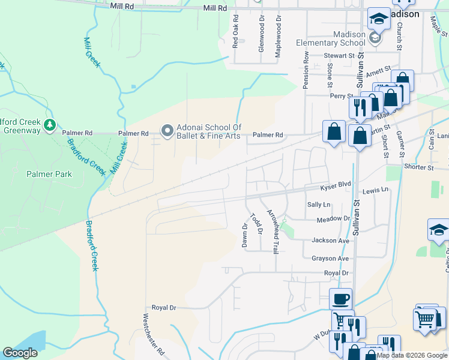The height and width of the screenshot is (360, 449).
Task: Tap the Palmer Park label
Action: [49, 174]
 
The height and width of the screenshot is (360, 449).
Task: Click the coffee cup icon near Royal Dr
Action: [340, 299]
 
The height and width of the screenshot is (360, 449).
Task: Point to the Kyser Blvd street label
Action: [335, 187]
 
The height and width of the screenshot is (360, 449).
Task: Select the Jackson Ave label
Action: [330, 241]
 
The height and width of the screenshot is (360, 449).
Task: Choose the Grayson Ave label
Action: [330, 259]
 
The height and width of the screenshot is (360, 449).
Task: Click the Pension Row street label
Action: [306, 70]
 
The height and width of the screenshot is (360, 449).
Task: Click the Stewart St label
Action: [340, 56]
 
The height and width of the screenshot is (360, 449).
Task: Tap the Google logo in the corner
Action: [20, 353]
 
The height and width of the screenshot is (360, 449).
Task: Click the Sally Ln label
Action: [319, 205]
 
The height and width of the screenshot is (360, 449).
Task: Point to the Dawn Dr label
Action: [245, 235]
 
